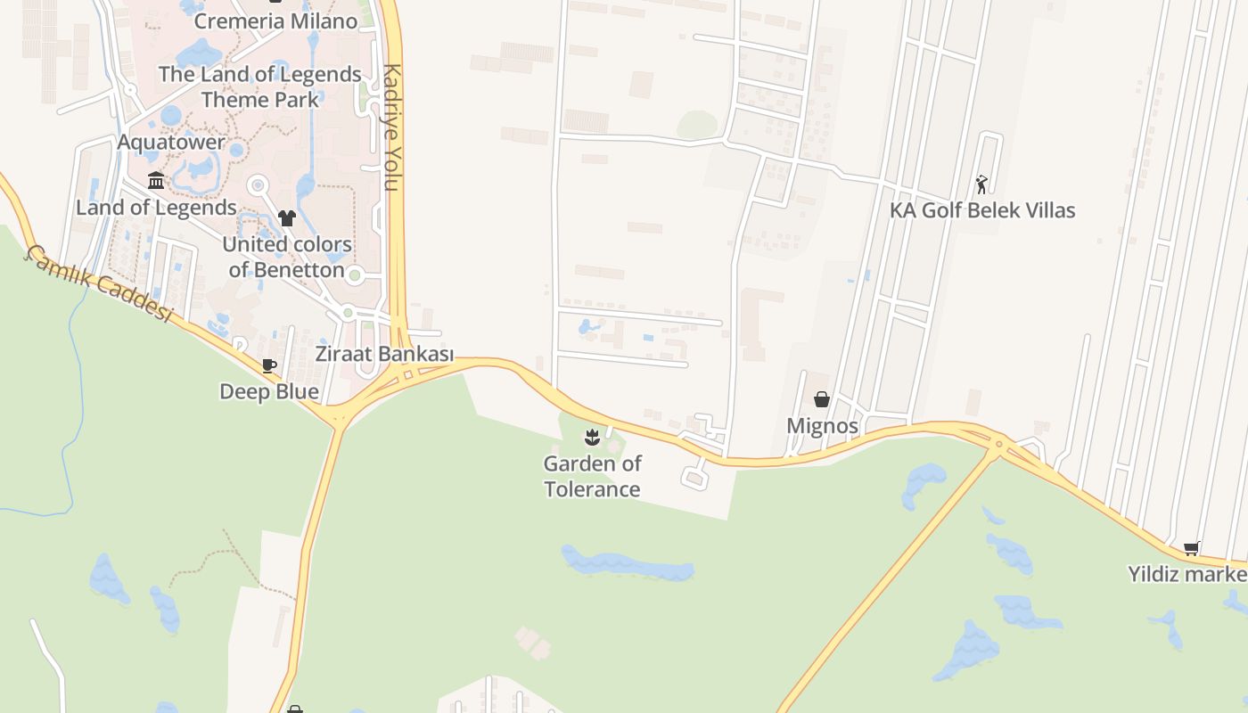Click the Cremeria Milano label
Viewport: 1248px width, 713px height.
coord(275,20)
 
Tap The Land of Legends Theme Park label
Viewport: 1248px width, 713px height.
coord(260,86)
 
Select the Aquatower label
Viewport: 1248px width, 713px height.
coord(171,143)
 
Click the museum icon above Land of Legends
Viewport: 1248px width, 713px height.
coord(156,181)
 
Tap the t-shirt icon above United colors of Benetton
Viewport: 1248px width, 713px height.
coord(286,217)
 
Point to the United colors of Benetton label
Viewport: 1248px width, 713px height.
coord(287,257)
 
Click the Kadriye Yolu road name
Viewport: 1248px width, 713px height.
coord(391,127)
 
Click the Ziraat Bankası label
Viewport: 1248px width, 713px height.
coord(384,354)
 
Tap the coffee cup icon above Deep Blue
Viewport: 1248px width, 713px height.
coord(268,365)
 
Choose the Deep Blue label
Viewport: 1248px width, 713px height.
coord(269,391)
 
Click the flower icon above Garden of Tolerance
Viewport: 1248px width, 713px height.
coord(591,437)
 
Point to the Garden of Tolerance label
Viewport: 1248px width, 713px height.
coord(593,476)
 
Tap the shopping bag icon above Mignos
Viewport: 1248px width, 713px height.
coord(822,399)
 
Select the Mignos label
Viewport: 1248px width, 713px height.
coord(822,426)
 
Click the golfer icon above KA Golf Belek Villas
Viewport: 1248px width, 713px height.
coord(981,184)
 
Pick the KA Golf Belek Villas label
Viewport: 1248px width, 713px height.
coord(982,210)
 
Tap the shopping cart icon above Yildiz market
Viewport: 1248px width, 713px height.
coord(1192,548)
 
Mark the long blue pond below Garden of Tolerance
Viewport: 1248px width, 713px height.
coord(627,563)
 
